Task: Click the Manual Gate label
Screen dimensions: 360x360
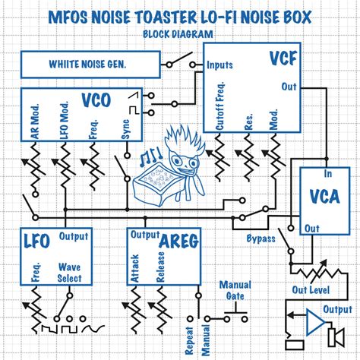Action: [x=235, y=290]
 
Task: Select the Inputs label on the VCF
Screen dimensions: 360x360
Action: [x=220, y=65]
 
